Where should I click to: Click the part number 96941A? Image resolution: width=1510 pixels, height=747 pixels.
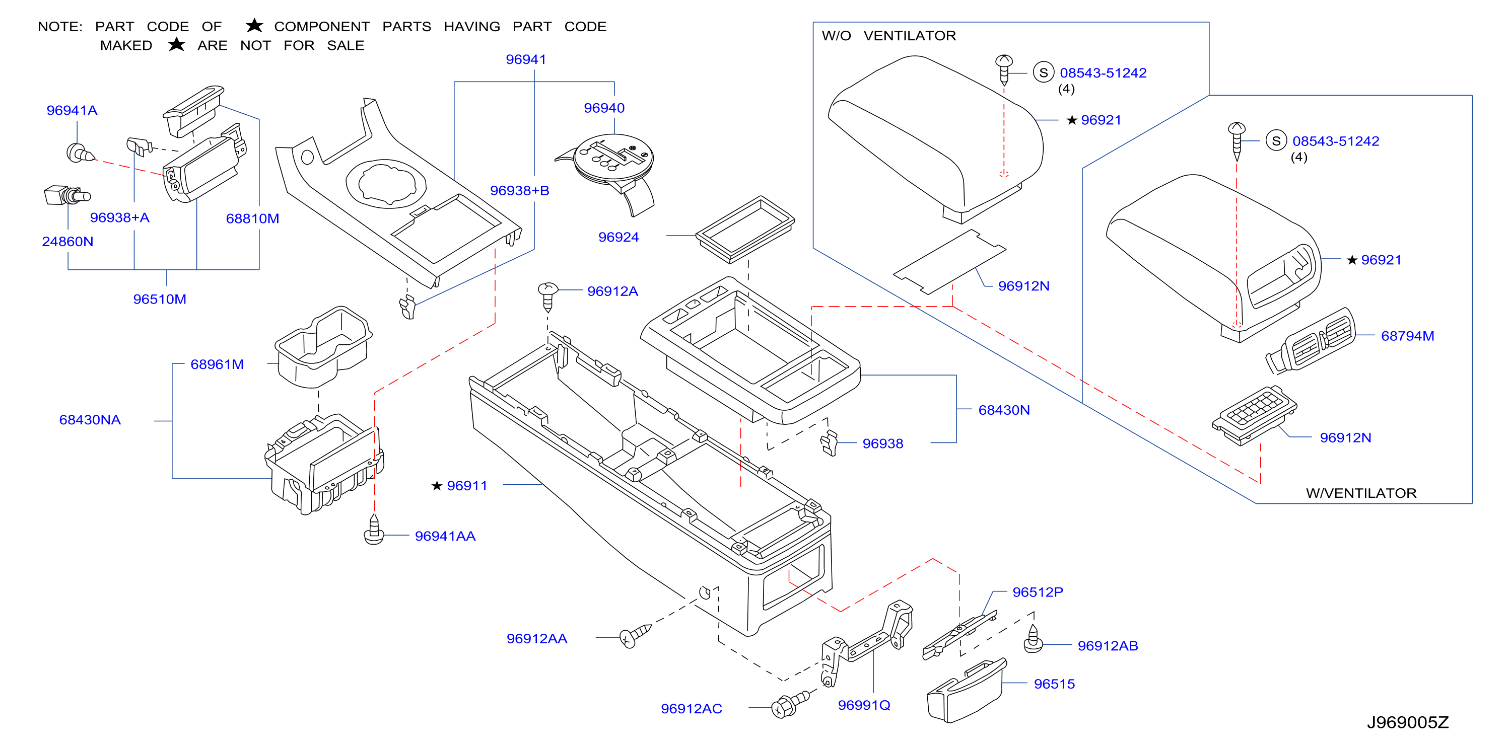[72, 110]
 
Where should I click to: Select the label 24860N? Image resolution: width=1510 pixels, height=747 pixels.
[67, 242]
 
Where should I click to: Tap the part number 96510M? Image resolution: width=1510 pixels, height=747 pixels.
[160, 299]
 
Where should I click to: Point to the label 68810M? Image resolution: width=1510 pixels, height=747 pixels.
[253, 218]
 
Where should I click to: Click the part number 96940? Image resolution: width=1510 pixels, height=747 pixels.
[604, 108]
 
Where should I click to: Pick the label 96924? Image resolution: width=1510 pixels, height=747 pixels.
[619, 237]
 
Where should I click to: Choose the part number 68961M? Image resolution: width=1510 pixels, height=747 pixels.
[217, 364]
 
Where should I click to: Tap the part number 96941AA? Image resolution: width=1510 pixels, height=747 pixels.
[445, 536]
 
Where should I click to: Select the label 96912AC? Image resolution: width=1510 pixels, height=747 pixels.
[691, 708]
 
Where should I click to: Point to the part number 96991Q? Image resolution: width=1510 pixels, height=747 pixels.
[864, 705]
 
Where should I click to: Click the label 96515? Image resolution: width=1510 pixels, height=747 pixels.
[1054, 684]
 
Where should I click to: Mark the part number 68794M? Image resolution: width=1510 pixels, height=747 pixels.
[1407, 336]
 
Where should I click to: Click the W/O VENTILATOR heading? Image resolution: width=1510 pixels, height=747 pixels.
[888, 36]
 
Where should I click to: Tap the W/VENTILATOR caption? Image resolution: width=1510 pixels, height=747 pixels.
[1361, 493]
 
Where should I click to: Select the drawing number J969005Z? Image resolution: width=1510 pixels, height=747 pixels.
[1407, 722]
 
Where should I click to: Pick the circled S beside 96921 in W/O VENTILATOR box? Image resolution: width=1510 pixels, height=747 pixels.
[1044, 72]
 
